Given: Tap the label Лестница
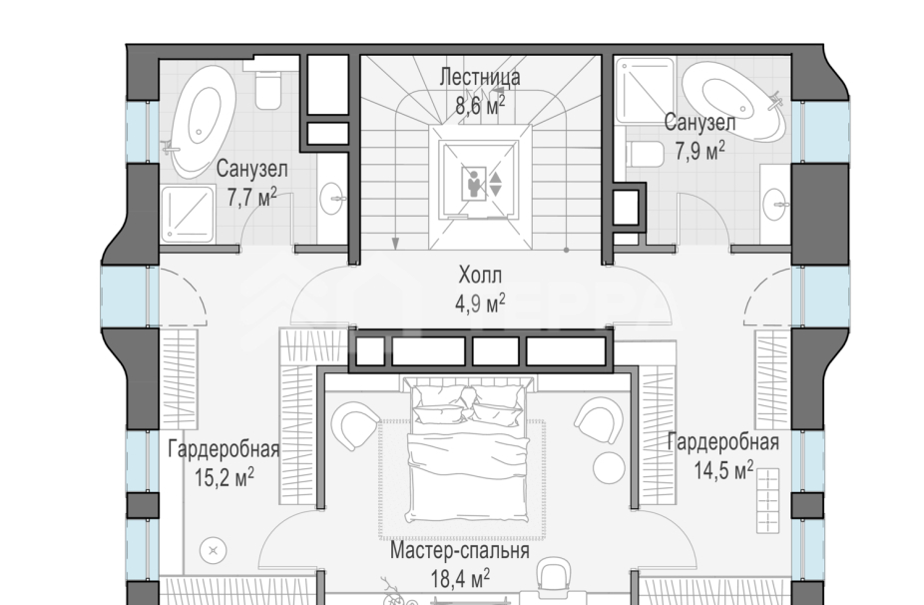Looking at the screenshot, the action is [x=480, y=77].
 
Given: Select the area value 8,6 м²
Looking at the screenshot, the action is [x=480, y=106].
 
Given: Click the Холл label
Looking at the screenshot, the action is [x=480, y=275].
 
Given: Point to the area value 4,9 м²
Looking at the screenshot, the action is [x=480, y=303].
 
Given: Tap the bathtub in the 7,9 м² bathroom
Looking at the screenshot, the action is [x=734, y=103].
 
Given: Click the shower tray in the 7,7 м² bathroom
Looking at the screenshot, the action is [x=188, y=214].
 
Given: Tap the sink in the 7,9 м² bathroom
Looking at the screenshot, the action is [x=775, y=204].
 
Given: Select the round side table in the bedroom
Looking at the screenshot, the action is [x=609, y=467].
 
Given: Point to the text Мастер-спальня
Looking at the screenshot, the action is [x=460, y=551].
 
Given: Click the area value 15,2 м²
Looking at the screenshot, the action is [x=225, y=476].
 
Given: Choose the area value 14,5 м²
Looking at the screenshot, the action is [x=723, y=470].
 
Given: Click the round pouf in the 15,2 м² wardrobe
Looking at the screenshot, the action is [x=214, y=551].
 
